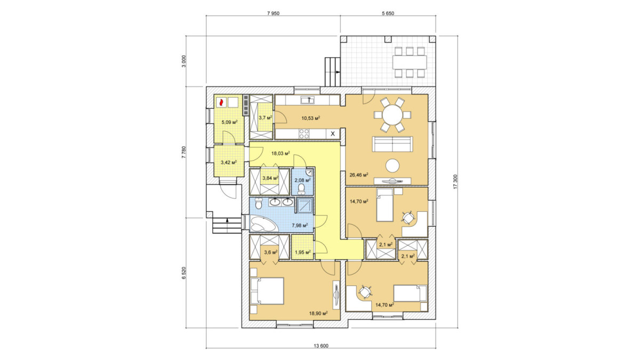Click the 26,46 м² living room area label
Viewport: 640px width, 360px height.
(358, 174)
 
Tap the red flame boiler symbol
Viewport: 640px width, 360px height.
(221, 102)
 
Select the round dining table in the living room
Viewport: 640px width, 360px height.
(393, 115)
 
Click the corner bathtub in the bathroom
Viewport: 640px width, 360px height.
(263, 224)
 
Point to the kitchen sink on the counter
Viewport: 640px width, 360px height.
(307, 100)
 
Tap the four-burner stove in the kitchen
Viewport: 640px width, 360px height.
(303, 134)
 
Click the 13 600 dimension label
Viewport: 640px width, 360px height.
(321, 346)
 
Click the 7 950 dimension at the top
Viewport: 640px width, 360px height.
(273, 13)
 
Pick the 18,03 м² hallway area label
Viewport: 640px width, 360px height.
(281, 154)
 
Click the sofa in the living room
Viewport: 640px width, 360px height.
(393, 144)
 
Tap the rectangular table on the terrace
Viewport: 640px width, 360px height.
(410, 62)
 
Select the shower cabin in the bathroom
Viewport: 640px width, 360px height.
(305, 205)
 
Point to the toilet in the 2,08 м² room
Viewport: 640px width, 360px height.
(301, 189)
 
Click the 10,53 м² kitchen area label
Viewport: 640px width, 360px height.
(310, 118)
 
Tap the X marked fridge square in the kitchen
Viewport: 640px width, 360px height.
(333, 134)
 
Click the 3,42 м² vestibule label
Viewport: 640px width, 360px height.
(229, 163)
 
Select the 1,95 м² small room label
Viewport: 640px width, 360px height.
(302, 253)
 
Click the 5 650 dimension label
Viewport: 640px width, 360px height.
(388, 13)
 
